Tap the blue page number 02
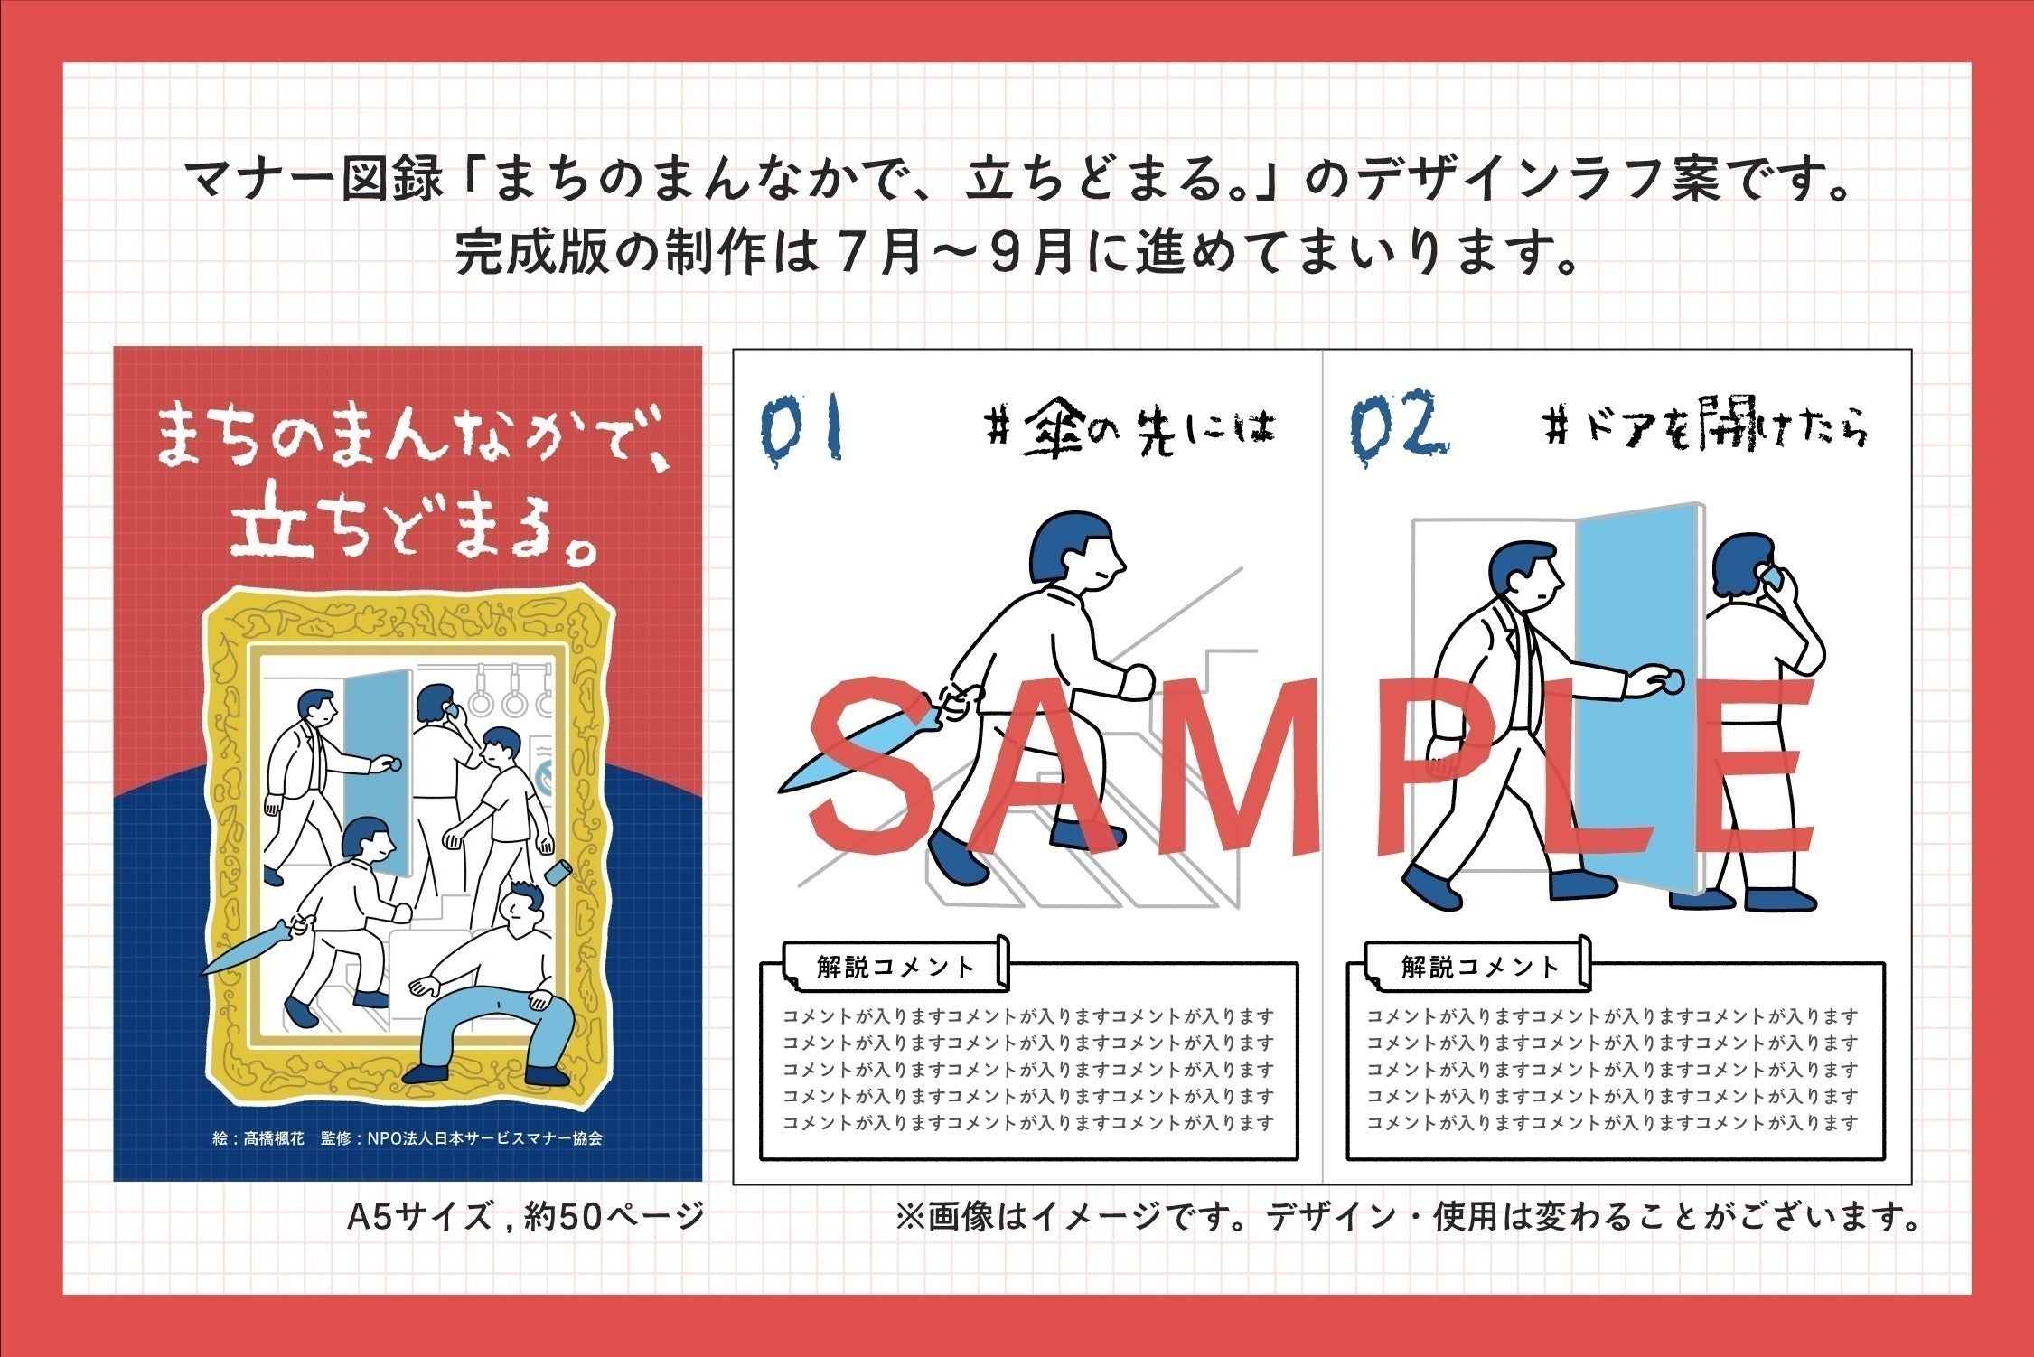1398,425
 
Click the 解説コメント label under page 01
895,968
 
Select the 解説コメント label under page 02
1480,968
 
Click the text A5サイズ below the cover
420,1217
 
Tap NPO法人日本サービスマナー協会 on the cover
484,1138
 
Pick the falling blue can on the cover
558,873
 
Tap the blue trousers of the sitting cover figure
488,1025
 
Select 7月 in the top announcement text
876,254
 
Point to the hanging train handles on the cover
513,691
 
